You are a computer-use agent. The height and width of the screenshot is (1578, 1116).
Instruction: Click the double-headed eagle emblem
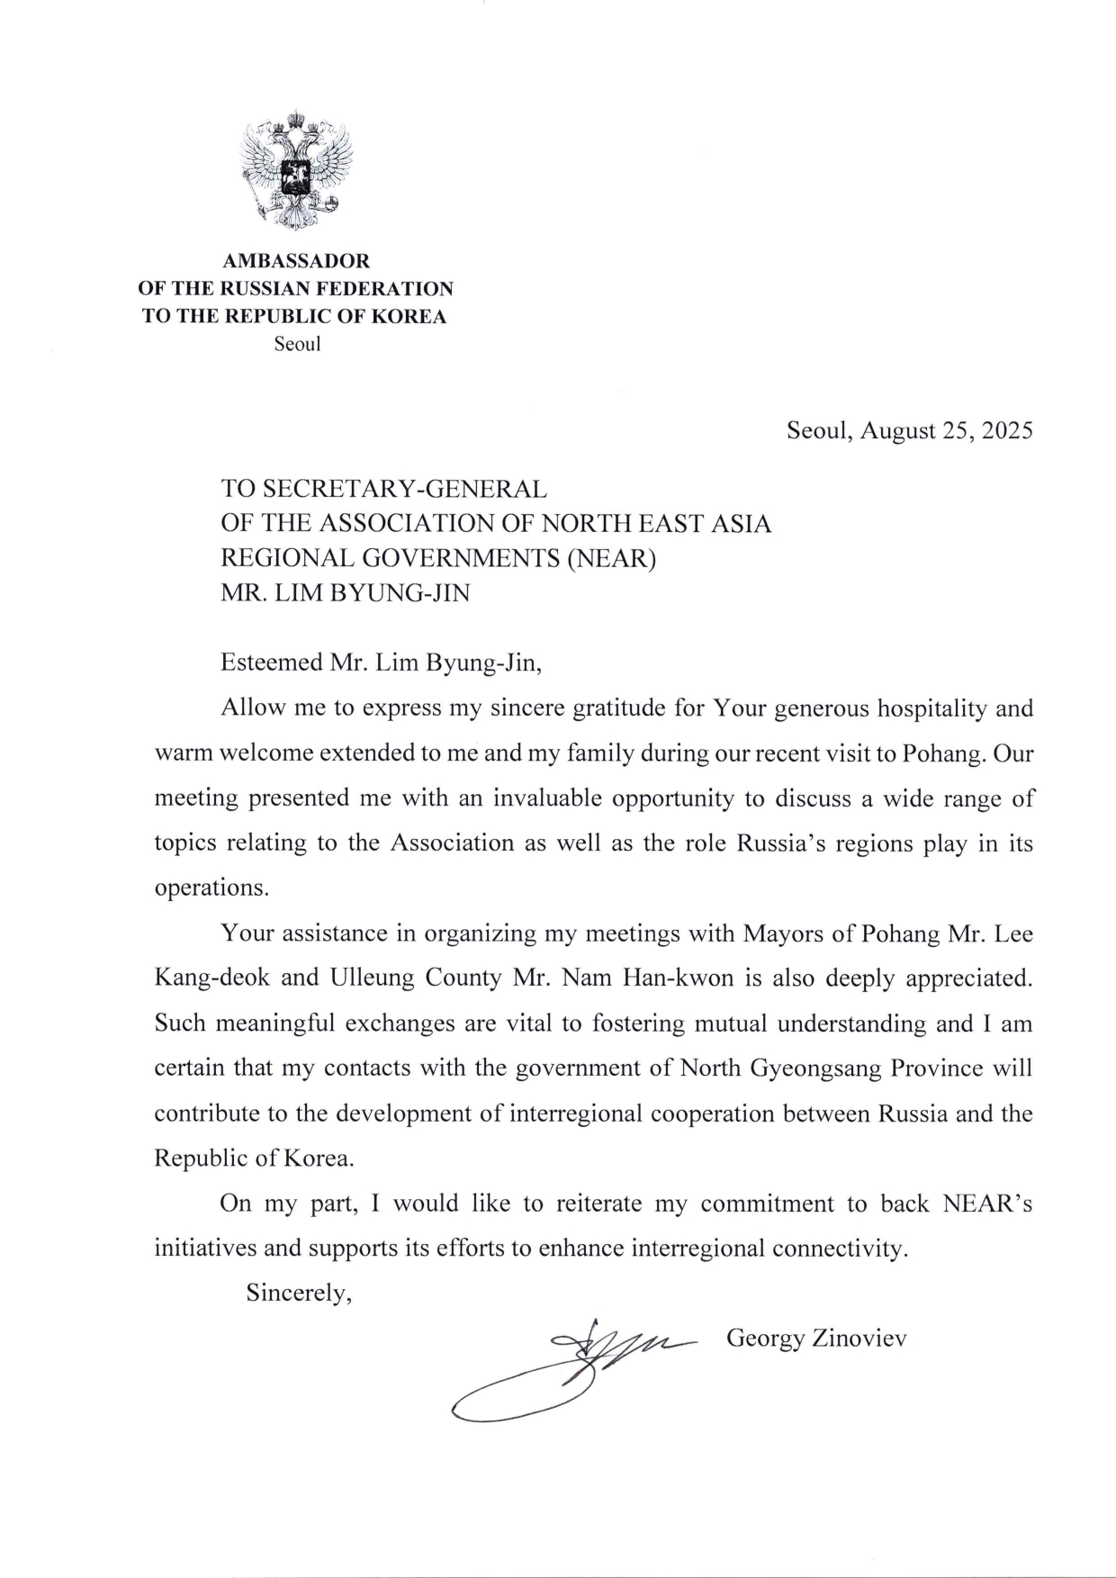[x=295, y=169]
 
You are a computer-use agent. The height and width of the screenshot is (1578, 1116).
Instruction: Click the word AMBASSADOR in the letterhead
[x=296, y=261]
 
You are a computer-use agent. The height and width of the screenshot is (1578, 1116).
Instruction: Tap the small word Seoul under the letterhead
[x=297, y=344]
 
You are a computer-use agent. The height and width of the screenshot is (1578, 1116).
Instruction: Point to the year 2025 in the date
[x=1007, y=430]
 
